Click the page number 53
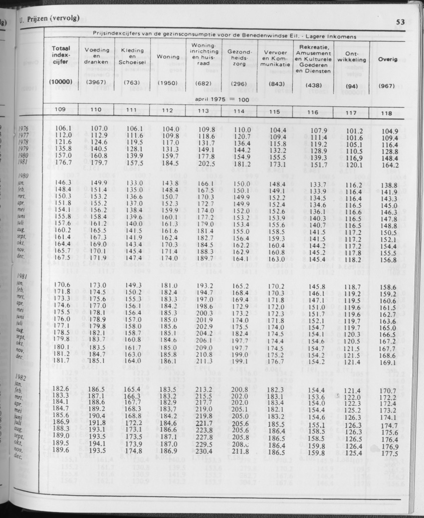[400, 22]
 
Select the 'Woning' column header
[168, 57]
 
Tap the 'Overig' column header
[388, 59]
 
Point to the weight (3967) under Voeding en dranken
[96, 83]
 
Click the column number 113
[204, 111]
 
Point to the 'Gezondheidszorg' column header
[240, 58]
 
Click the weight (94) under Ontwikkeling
[351, 86]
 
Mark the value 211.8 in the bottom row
[240, 452]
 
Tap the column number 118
[386, 113]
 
